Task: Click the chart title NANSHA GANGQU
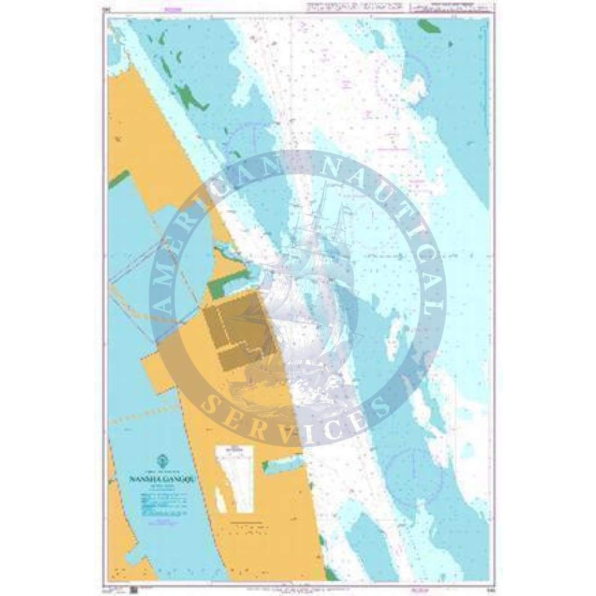coord(158,481)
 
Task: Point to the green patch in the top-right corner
coord(430,26)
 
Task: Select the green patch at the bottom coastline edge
coord(331,574)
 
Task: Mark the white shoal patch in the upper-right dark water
coord(417,87)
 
